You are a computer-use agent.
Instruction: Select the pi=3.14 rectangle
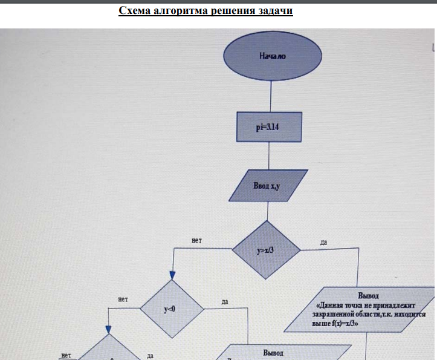pos(269,127)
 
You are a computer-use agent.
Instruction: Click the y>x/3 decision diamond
pos(266,249)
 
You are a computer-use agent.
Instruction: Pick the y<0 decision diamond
pos(170,309)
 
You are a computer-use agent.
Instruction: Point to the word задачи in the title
pos(275,11)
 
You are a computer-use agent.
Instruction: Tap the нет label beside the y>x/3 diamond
pos(196,241)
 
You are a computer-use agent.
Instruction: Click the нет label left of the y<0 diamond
pos(124,299)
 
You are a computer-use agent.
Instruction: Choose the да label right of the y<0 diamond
pos(224,301)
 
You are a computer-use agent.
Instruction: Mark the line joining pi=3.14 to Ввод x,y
pos(269,157)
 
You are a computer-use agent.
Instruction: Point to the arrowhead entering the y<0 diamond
pos(172,275)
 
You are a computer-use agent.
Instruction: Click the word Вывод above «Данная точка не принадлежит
pos(368,296)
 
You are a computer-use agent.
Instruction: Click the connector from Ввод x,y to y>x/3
pos(267,210)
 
